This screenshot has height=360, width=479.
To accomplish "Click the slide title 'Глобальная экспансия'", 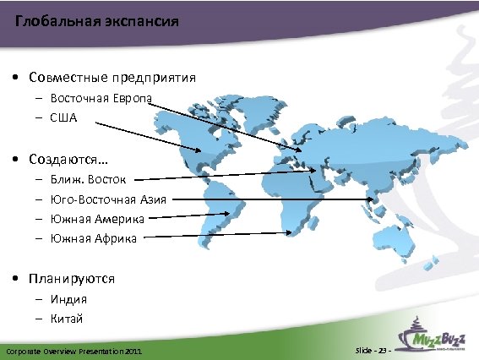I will (x=97, y=21).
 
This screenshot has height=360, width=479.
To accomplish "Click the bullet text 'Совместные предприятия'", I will (x=112, y=77).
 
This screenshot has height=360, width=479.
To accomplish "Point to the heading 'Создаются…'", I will (x=68, y=159).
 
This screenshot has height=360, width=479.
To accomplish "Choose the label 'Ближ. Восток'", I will (x=88, y=180).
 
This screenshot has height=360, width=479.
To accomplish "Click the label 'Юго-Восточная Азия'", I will (x=108, y=199).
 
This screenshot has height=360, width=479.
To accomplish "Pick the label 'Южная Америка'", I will (x=96, y=219).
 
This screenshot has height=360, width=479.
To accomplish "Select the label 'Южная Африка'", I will (x=93, y=238).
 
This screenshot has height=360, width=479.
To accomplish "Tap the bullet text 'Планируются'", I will (x=71, y=278).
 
